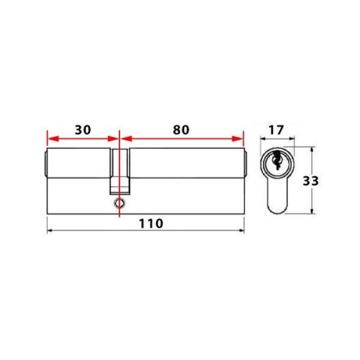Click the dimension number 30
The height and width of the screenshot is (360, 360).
click(83, 130)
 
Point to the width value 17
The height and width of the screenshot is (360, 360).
click(274, 132)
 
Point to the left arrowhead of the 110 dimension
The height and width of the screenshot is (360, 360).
click(50, 230)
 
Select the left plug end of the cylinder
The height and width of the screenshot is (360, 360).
click(46, 165)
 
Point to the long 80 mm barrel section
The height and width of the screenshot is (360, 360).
click(184, 173)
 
